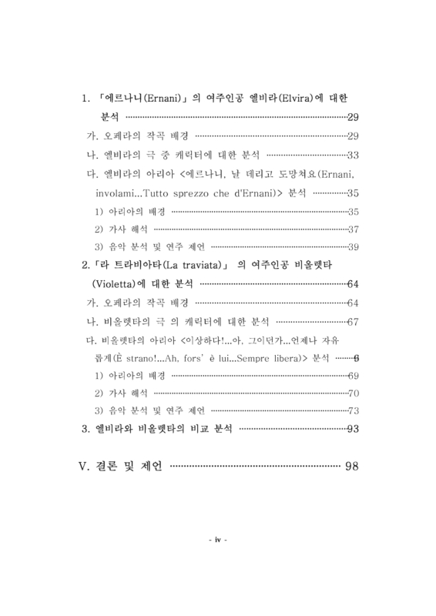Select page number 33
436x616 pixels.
coord(354,154)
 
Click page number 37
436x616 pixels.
coord(354,229)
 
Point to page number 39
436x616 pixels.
coord(354,247)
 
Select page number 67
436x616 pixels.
coord(354,321)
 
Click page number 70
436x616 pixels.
coord(354,393)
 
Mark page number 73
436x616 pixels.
coord(354,410)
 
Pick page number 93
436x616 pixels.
coord(354,429)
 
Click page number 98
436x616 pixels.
coord(353,467)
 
